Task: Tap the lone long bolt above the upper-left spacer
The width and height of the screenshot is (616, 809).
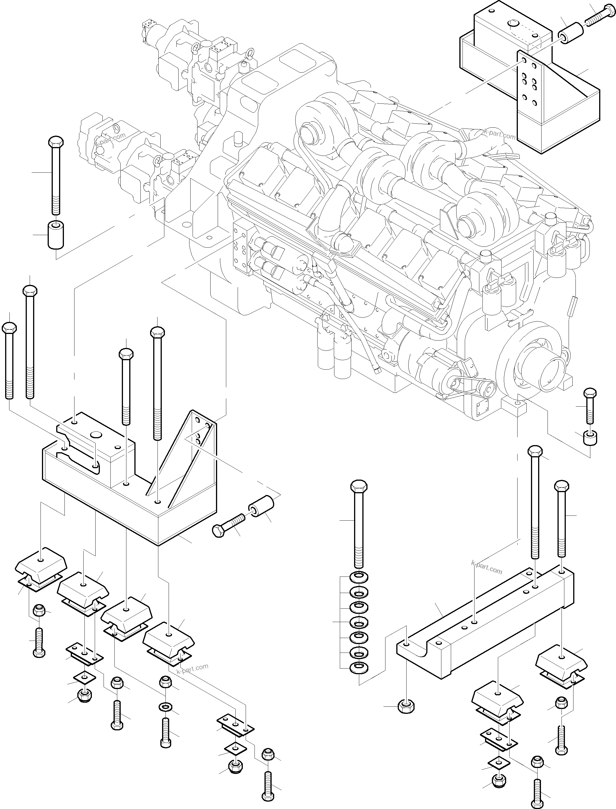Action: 56,176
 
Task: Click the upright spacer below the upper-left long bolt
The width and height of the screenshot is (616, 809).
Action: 56,235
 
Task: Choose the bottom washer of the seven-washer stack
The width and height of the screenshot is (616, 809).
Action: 359,667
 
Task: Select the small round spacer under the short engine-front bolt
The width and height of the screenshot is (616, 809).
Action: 590,438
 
